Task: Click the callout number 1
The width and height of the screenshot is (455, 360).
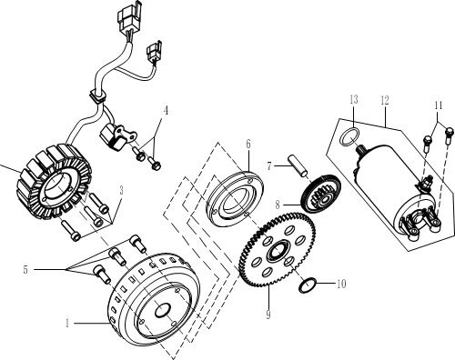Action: [67, 322]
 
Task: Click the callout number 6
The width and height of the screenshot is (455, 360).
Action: [247, 144]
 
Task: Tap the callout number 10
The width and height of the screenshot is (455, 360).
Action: [341, 284]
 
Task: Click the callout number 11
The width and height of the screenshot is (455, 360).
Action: [440, 106]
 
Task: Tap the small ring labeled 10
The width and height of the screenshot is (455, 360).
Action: [308, 285]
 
